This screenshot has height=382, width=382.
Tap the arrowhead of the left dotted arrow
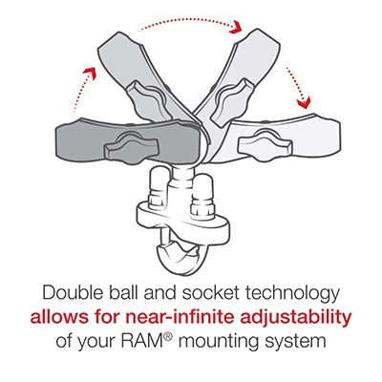coord(93,70)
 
